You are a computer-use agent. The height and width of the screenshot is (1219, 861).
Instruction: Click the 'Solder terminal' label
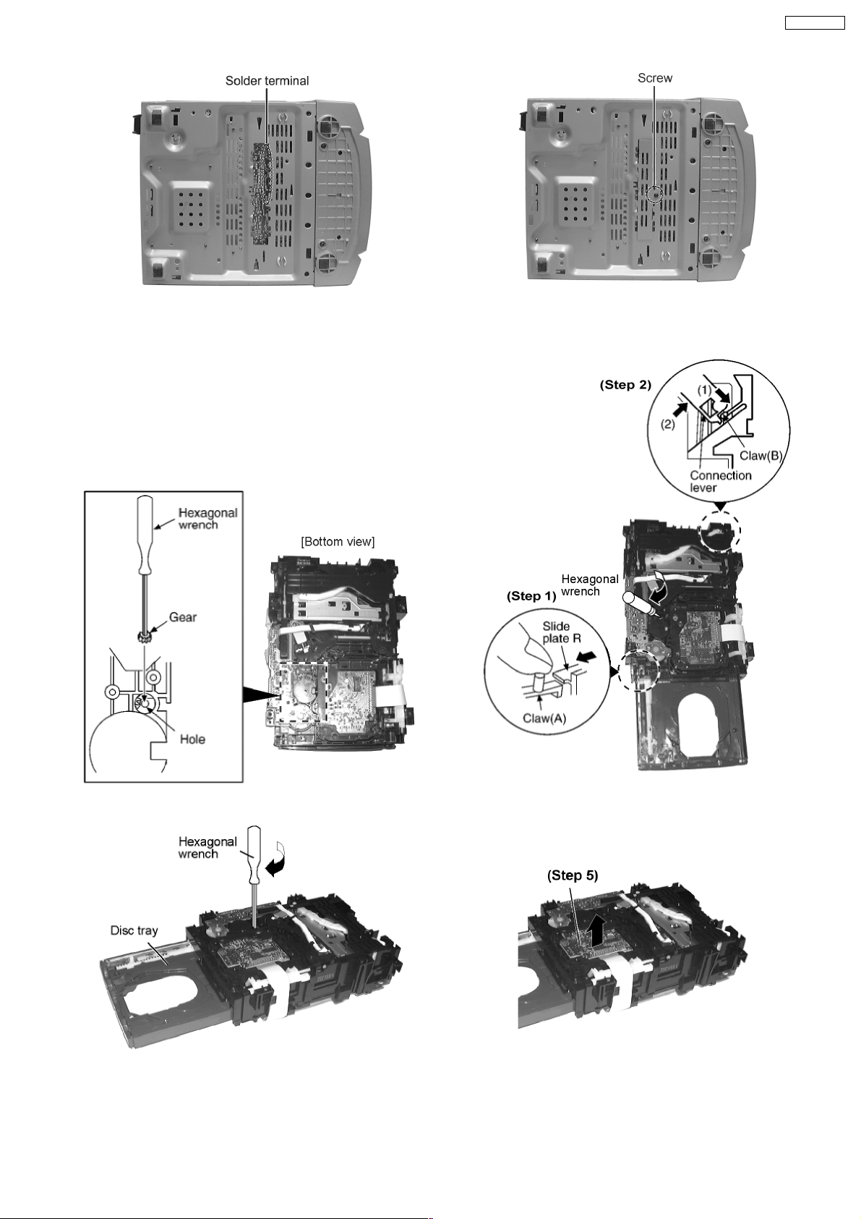(267, 81)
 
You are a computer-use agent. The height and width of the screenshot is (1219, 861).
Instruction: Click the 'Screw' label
(654, 78)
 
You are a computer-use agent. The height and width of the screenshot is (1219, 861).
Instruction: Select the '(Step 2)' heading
(625, 385)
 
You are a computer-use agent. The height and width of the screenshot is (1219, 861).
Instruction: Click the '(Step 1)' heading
(531, 596)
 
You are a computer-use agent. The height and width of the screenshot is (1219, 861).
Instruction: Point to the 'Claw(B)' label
(761, 456)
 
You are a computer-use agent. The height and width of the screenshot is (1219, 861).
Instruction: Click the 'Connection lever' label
(720, 481)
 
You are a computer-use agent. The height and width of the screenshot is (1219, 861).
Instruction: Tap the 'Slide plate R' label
(561, 632)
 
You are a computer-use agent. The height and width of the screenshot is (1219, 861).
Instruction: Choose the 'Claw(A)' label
(544, 718)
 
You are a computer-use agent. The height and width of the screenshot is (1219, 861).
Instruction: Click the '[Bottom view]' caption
(338, 542)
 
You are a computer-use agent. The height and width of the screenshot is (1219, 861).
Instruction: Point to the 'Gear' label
(183, 617)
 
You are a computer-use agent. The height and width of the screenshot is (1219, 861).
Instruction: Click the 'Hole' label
(192, 739)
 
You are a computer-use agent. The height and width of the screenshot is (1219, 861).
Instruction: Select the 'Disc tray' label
(134, 930)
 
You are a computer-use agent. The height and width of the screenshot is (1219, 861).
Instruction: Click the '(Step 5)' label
(573, 875)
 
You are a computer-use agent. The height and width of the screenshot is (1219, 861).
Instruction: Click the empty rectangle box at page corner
(814, 23)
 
